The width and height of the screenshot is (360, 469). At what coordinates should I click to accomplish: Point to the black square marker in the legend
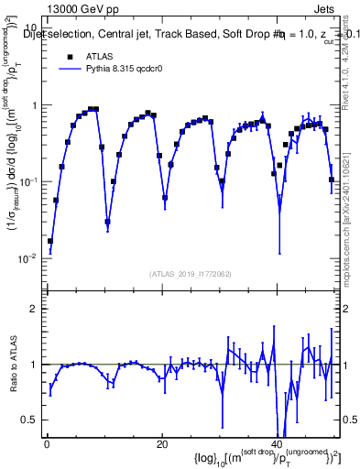click(70, 56)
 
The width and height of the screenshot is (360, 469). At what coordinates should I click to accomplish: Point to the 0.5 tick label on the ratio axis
click(29, 420)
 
